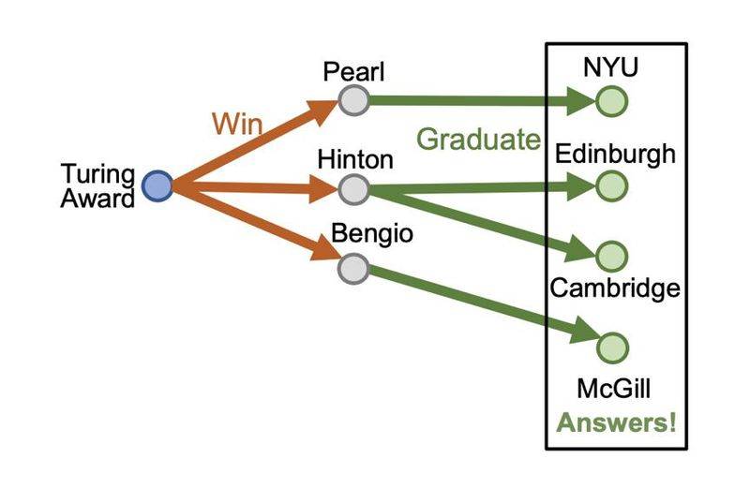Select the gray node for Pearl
[x=352, y=98]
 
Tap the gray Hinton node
[x=352, y=189]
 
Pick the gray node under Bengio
[x=352, y=269]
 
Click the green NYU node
[x=611, y=99]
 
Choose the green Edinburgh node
[x=611, y=185]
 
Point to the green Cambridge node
[x=611, y=256]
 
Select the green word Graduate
[x=479, y=141]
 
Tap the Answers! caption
[x=616, y=422]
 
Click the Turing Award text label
[x=98, y=186]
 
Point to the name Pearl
[x=349, y=71]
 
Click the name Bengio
[x=372, y=235]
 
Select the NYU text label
[x=612, y=67]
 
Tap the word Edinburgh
[x=615, y=154]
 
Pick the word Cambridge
[x=614, y=288]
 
